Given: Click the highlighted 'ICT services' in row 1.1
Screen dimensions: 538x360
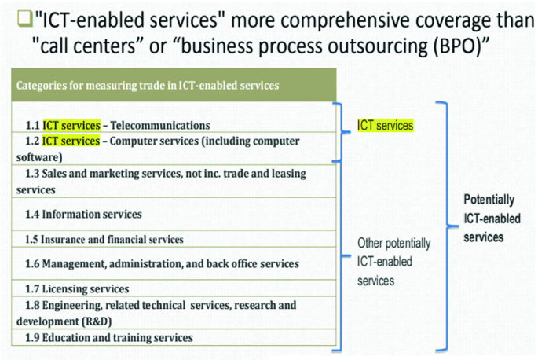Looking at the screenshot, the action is (x=71, y=125).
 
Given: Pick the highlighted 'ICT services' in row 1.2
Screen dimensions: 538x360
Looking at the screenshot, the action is (x=71, y=141).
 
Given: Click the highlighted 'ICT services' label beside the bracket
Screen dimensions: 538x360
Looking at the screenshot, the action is (x=386, y=125).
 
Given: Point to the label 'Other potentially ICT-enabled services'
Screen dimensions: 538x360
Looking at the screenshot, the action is (x=385, y=261).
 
